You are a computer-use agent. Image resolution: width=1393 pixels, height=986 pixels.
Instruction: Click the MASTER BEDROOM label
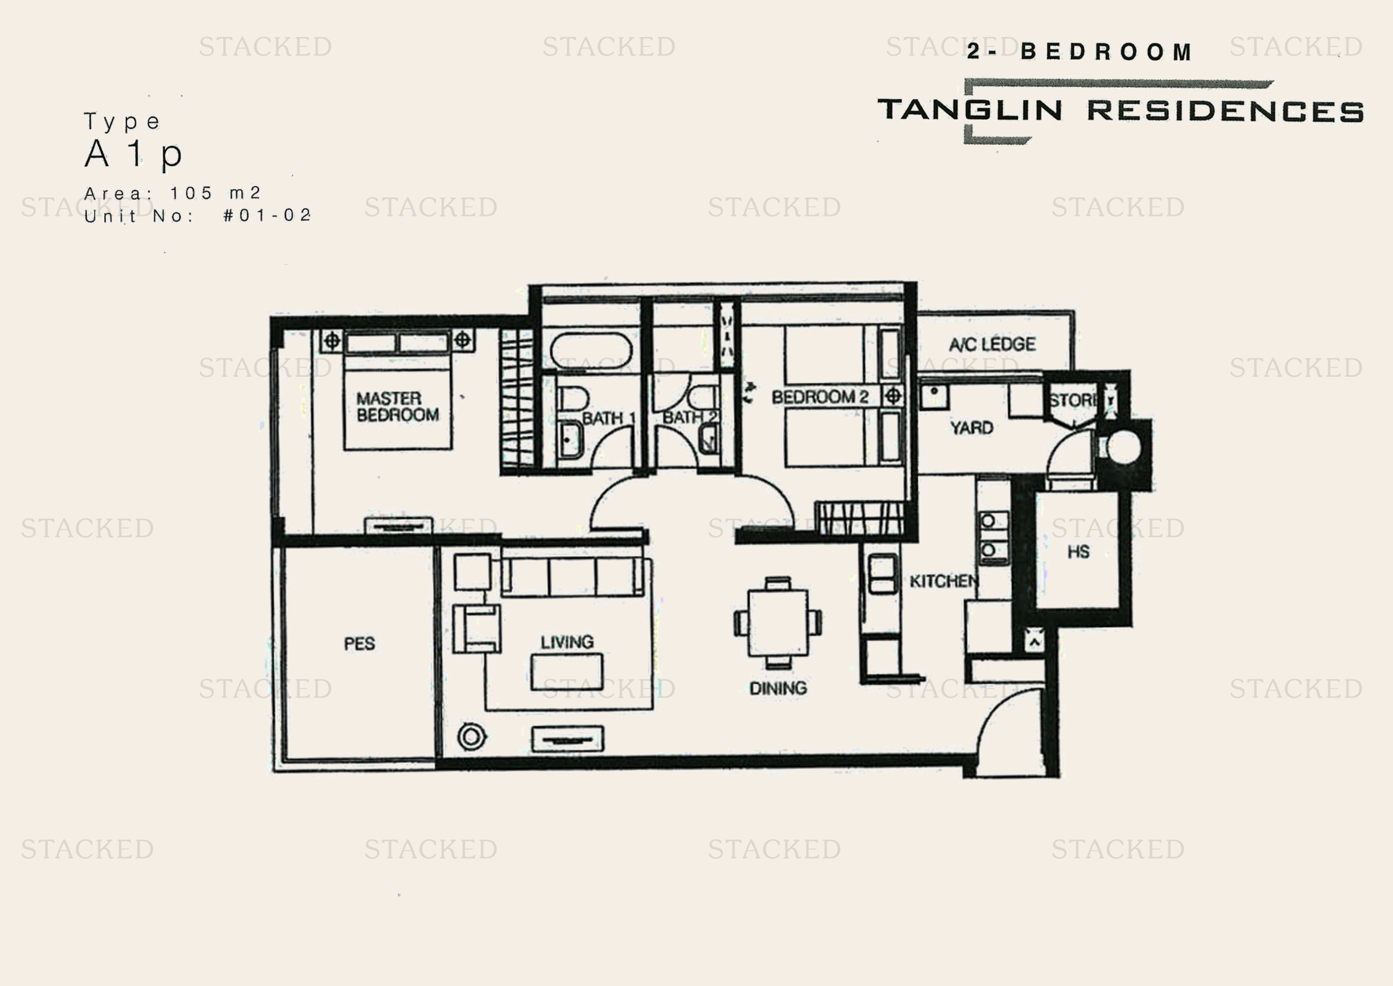397,407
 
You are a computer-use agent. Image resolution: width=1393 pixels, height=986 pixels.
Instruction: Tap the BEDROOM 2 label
819,397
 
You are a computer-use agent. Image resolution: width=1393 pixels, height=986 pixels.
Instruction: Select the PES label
359,644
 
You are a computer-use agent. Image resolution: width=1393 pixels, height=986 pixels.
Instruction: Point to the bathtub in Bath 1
591,351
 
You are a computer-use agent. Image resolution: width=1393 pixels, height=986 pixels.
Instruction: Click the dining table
778,622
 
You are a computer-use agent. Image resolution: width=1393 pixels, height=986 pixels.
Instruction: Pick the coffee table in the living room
566,671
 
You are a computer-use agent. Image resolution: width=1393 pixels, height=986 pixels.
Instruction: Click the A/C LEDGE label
992,344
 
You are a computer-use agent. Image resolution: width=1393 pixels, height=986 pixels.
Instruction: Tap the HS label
1078,552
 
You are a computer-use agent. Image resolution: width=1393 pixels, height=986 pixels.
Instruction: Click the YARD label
971,428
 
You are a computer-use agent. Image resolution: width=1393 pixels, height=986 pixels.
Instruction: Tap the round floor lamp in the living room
472,737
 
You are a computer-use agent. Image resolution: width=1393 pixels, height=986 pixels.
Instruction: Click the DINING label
778,689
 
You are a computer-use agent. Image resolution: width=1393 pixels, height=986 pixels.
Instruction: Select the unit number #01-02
267,216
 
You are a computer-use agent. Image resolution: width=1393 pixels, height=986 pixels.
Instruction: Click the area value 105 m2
216,193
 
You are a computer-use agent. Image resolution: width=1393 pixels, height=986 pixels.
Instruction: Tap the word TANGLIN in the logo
970,110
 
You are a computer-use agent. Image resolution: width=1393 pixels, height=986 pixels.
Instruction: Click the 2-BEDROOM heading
1079,52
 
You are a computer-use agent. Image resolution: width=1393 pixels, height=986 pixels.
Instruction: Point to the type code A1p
133,154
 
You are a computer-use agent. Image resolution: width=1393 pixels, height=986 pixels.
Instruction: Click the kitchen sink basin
883,573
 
